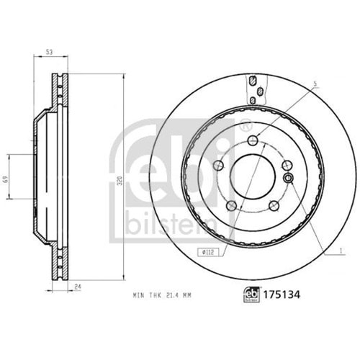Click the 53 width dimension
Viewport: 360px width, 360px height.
pos(48,51)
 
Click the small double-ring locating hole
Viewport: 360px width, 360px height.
pos(288,178)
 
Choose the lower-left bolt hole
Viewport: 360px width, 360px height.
pos(231,207)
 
